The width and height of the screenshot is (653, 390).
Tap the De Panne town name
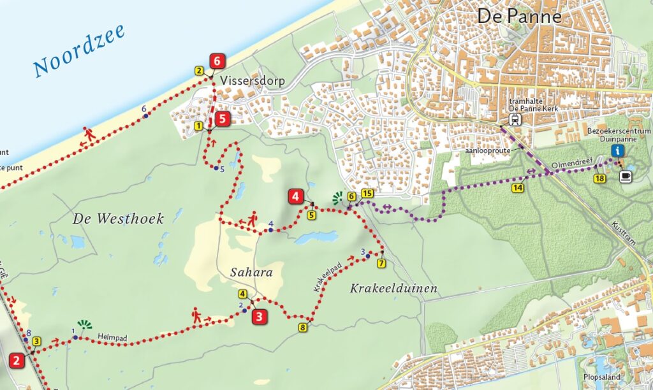(x=520, y=16)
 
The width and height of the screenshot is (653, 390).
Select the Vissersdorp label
(x=253, y=81)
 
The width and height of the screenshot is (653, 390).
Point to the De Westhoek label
(x=118, y=219)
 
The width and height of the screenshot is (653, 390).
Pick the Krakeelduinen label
(x=393, y=289)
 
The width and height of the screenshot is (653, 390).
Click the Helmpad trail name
(x=110, y=335)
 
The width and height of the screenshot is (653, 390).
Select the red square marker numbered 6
(x=218, y=61)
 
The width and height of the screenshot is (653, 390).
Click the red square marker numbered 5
(x=221, y=118)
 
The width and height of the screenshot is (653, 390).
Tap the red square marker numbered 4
(x=295, y=196)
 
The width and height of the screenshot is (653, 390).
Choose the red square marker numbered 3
(x=259, y=317)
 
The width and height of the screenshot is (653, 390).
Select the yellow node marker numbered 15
(x=367, y=193)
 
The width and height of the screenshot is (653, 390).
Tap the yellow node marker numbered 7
(x=381, y=263)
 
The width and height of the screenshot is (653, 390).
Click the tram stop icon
(x=514, y=119)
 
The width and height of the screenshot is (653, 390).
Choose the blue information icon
(x=617, y=150)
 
